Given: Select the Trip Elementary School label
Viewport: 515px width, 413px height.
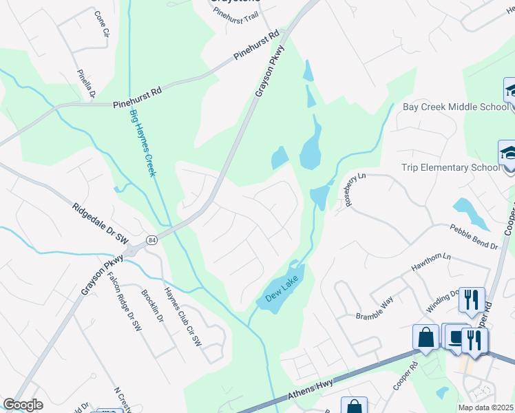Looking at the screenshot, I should click(x=450, y=167).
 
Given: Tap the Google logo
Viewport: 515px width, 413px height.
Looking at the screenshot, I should click(x=23, y=405).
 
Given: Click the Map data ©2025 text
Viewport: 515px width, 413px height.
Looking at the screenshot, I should click(x=486, y=407).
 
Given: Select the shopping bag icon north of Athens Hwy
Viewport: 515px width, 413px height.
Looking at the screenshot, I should click(x=425, y=337).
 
